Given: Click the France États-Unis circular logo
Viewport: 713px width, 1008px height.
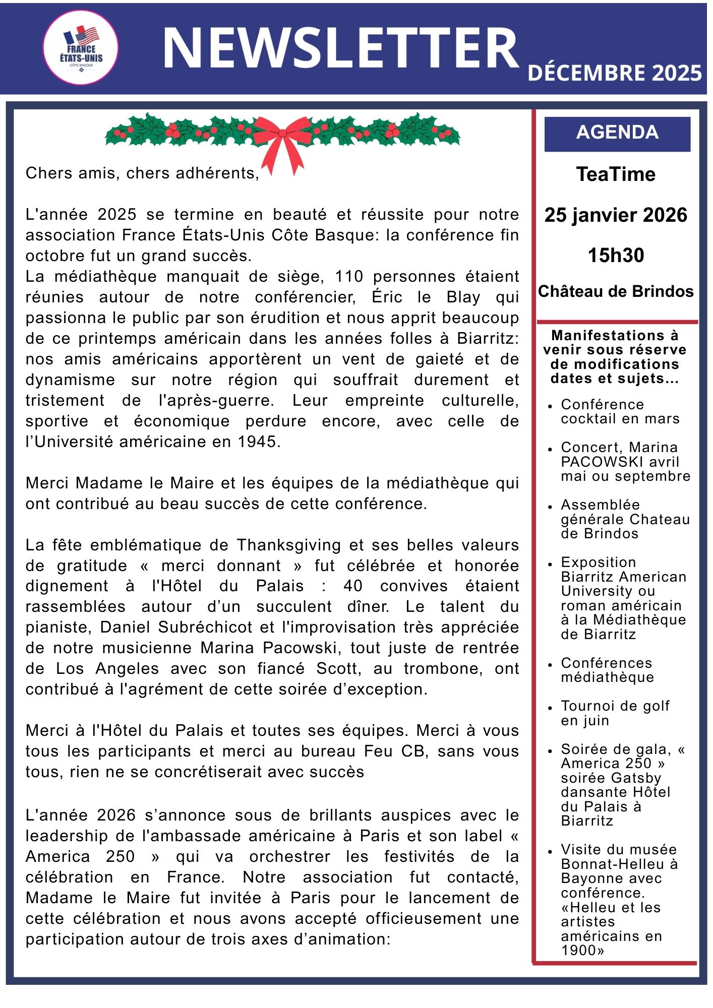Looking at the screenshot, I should (x=81, y=47).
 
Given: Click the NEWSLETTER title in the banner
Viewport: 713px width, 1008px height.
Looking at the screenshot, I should (x=340, y=48).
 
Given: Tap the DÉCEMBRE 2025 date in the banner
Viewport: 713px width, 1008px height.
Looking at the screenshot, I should (x=614, y=73).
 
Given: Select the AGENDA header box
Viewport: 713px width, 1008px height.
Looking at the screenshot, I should (x=617, y=133).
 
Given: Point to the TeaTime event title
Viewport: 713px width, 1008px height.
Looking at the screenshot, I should (x=616, y=174).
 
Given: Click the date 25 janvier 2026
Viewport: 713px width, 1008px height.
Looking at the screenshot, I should (x=616, y=215).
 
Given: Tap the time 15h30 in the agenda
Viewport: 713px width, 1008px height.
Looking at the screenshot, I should (x=616, y=256).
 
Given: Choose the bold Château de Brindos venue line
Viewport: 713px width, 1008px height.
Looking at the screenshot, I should (x=616, y=291).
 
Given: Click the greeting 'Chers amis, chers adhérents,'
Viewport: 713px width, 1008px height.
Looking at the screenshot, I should (x=142, y=173).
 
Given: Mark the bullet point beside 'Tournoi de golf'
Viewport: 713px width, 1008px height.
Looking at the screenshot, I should (x=550, y=708).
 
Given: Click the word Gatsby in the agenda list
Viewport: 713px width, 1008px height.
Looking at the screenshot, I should (x=635, y=778).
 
